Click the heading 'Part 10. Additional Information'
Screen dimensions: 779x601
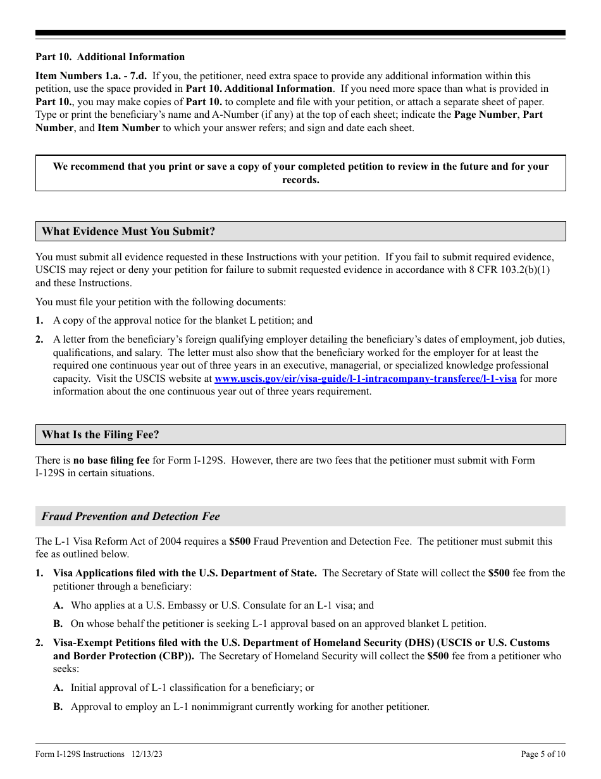click(x=110, y=57)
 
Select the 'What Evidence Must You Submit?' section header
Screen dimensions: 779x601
click(x=128, y=231)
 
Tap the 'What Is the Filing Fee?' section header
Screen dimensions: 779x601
click(x=101, y=434)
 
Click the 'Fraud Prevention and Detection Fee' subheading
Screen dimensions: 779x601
click(x=131, y=516)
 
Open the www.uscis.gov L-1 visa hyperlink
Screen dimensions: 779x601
click(x=365, y=379)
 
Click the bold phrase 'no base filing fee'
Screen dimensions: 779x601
click(x=111, y=460)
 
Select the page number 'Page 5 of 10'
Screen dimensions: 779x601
click(x=543, y=754)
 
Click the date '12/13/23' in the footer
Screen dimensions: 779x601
click(x=147, y=754)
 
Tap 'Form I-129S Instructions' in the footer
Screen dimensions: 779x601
click(x=80, y=754)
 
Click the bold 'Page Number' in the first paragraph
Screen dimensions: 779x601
click(x=485, y=115)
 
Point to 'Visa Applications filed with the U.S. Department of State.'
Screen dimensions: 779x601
click(x=185, y=573)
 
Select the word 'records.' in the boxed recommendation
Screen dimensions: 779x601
click(x=300, y=180)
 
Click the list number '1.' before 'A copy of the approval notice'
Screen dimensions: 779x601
click(x=40, y=320)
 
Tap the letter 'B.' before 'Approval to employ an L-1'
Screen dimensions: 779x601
click(x=58, y=707)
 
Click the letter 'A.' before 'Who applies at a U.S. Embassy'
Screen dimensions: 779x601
click(x=58, y=605)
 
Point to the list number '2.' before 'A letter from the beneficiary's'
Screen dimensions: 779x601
click(x=40, y=339)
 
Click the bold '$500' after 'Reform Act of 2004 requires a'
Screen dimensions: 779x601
click(x=240, y=541)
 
